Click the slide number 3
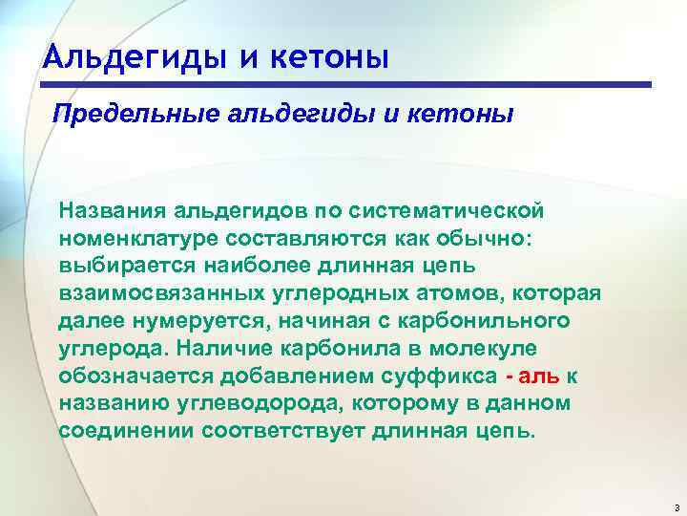[x=674, y=505]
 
